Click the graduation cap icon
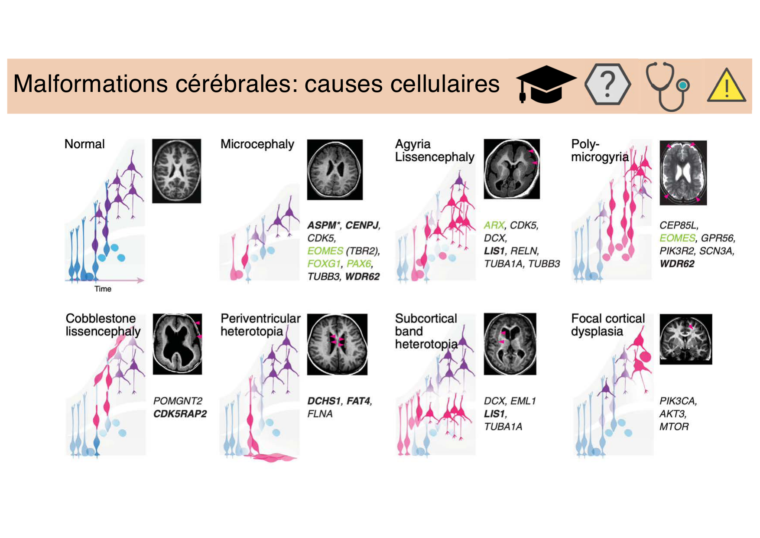(x=546, y=84)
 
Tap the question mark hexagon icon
(x=607, y=84)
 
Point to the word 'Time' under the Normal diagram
(x=103, y=289)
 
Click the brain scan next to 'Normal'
(x=176, y=171)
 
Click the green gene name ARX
(x=494, y=225)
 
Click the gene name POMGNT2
(x=178, y=401)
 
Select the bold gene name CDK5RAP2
(x=180, y=414)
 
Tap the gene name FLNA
(x=320, y=414)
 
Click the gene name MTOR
(x=674, y=427)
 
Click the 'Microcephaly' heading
(x=257, y=144)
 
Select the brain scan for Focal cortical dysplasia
(x=685, y=339)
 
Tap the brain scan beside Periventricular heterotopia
(x=337, y=344)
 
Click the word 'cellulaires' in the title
(x=445, y=84)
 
